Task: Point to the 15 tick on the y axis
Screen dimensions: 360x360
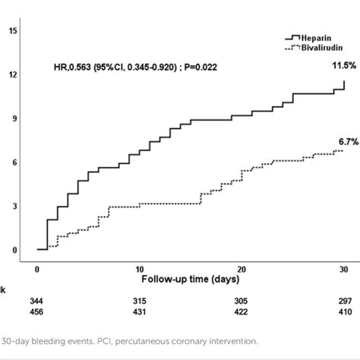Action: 13,31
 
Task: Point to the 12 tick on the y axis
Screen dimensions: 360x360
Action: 13,75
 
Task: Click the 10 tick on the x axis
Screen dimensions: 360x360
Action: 139,269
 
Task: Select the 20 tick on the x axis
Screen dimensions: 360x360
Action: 241,269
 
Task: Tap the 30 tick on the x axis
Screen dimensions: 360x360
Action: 343,269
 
